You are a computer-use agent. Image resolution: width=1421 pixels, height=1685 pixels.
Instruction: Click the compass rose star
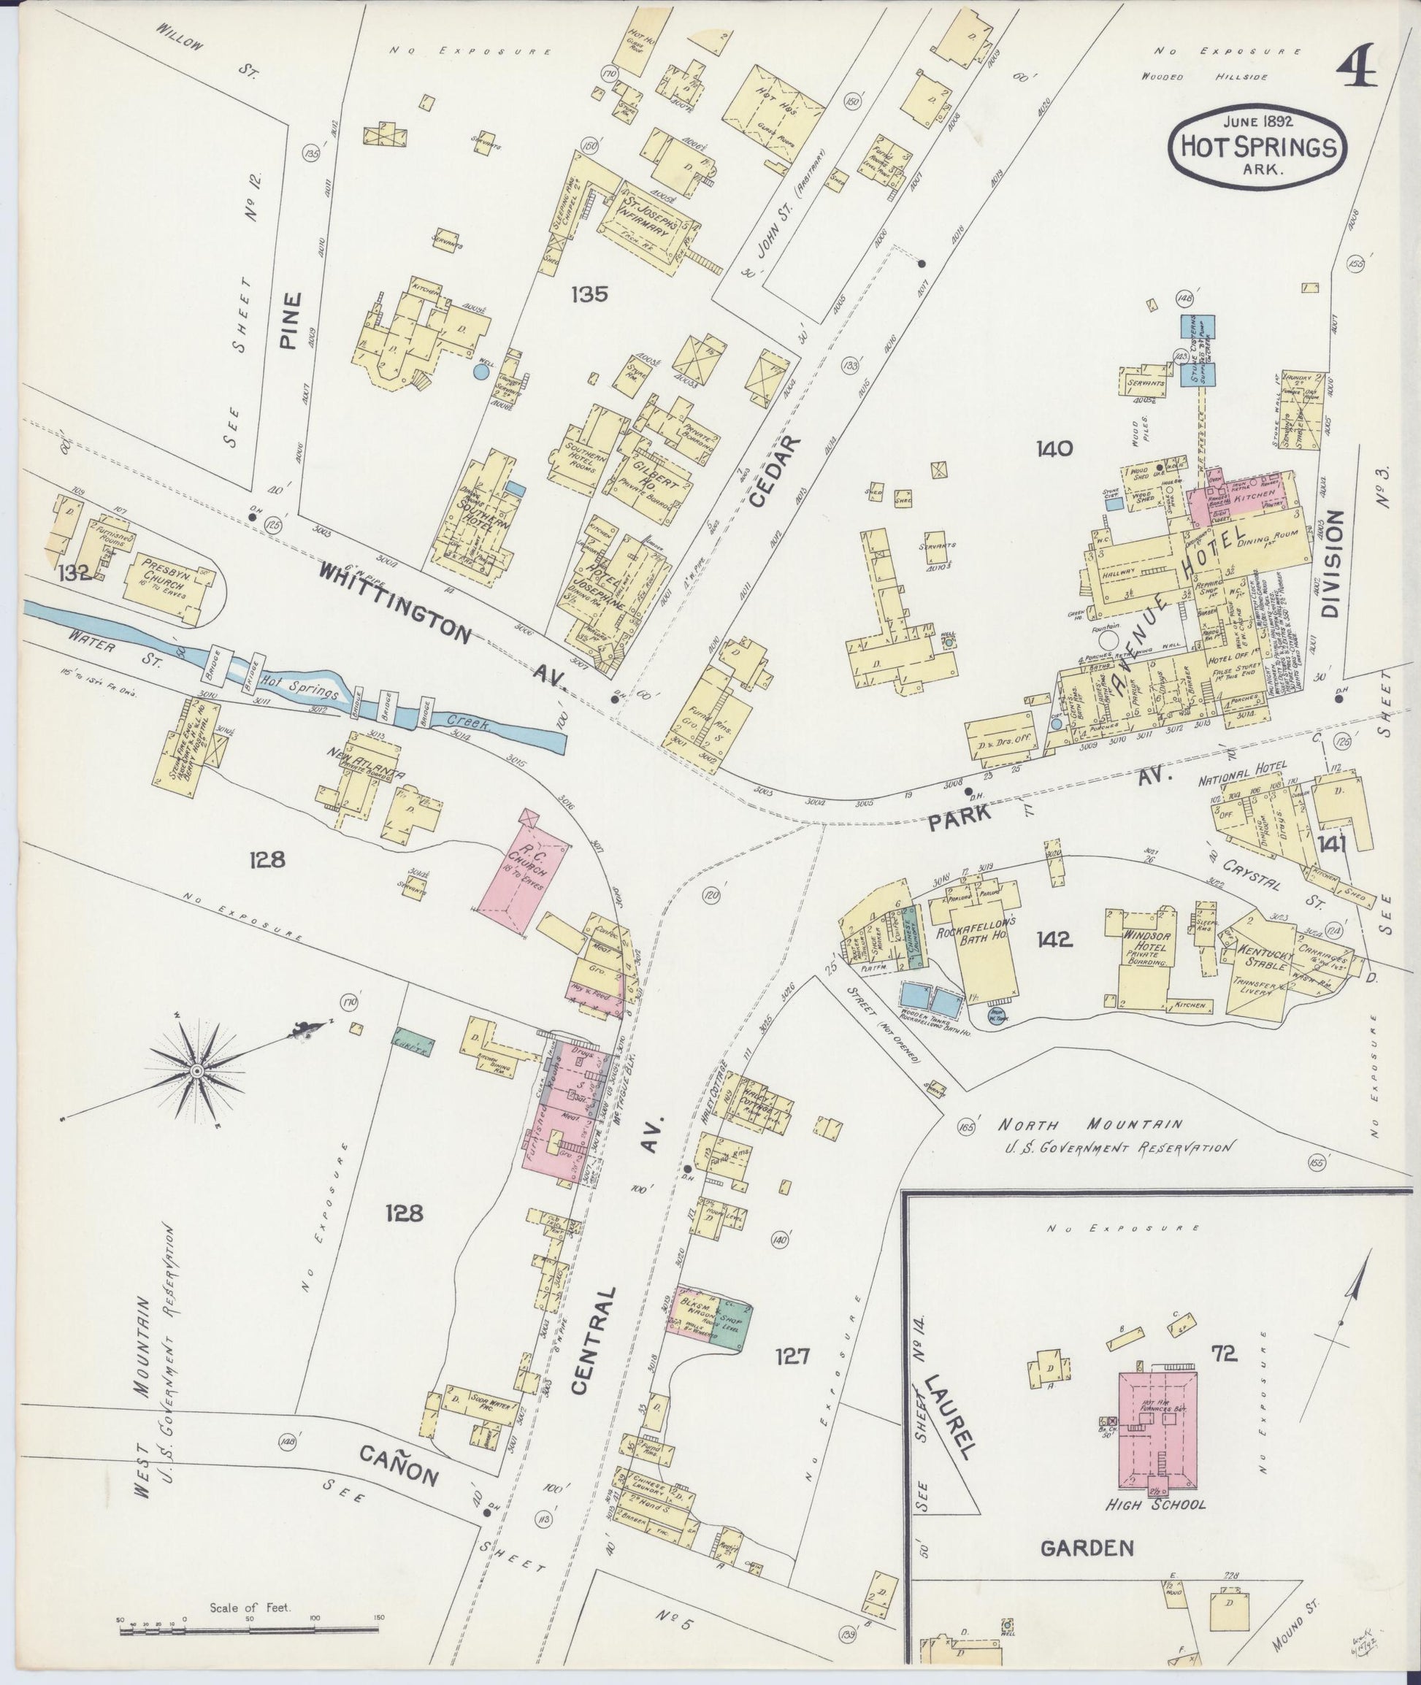pos(196,1070)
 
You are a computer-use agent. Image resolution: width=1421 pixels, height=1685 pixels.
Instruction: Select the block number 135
pos(590,295)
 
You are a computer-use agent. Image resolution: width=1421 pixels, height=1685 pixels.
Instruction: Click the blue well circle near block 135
pos(481,372)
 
